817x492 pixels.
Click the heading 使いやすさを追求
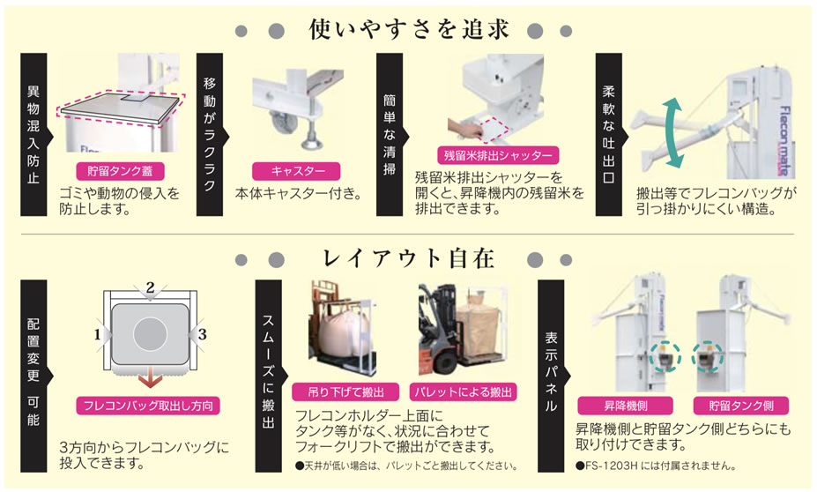[409, 29]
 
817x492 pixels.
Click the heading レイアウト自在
[409, 258]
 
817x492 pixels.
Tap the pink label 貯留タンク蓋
[121, 171]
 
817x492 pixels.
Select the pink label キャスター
[296, 171]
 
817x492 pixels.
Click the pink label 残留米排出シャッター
[498, 155]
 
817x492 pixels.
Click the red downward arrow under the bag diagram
[151, 380]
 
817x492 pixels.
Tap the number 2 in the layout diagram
[151, 287]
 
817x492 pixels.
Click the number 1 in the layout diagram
[98, 334]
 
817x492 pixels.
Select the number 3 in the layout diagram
[203, 334]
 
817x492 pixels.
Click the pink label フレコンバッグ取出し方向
[148, 406]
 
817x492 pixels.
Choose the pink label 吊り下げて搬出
[346, 392]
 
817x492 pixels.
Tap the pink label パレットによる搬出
[464, 392]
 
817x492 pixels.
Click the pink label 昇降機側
[625, 406]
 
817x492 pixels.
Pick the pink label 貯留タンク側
[741, 406]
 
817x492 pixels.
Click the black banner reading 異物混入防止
[34, 135]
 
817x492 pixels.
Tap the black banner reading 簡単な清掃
[390, 135]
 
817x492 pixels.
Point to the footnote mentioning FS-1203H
[656, 466]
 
